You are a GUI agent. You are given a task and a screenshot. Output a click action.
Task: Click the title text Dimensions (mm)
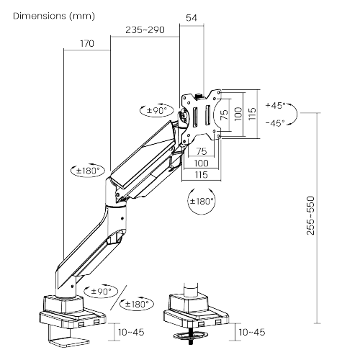tap(54, 16)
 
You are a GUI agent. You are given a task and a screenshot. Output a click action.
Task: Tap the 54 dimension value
tap(192, 18)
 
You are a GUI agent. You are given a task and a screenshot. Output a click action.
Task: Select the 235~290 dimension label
tap(145, 30)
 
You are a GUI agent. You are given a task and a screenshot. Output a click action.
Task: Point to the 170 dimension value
tap(87, 43)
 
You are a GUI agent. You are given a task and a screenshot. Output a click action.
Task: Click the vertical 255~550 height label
tap(310, 215)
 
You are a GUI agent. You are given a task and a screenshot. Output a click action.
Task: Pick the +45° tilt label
tap(276, 105)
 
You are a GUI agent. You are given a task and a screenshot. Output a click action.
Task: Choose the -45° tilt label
tap(275, 123)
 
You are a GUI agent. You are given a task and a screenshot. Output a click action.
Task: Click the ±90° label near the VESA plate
tap(157, 110)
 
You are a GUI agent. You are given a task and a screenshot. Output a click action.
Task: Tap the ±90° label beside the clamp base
tap(101, 292)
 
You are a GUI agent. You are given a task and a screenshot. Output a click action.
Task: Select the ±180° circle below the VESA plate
tap(202, 201)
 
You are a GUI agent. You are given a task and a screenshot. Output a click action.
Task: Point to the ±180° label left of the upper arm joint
tap(88, 171)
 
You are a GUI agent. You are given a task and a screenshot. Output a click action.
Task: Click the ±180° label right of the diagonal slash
tap(137, 305)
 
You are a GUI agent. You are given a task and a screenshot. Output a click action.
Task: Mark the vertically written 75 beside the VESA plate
tap(224, 114)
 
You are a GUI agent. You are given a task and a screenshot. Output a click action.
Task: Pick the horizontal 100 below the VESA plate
tap(201, 163)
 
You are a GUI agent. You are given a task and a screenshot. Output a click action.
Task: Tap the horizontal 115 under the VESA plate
tap(201, 175)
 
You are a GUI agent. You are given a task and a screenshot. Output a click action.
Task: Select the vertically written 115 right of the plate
tap(252, 114)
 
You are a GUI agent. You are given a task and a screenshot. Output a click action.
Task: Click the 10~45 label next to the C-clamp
tap(131, 332)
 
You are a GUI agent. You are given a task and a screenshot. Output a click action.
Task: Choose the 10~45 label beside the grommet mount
tap(252, 332)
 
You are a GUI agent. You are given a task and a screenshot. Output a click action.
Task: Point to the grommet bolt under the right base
tap(191, 336)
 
